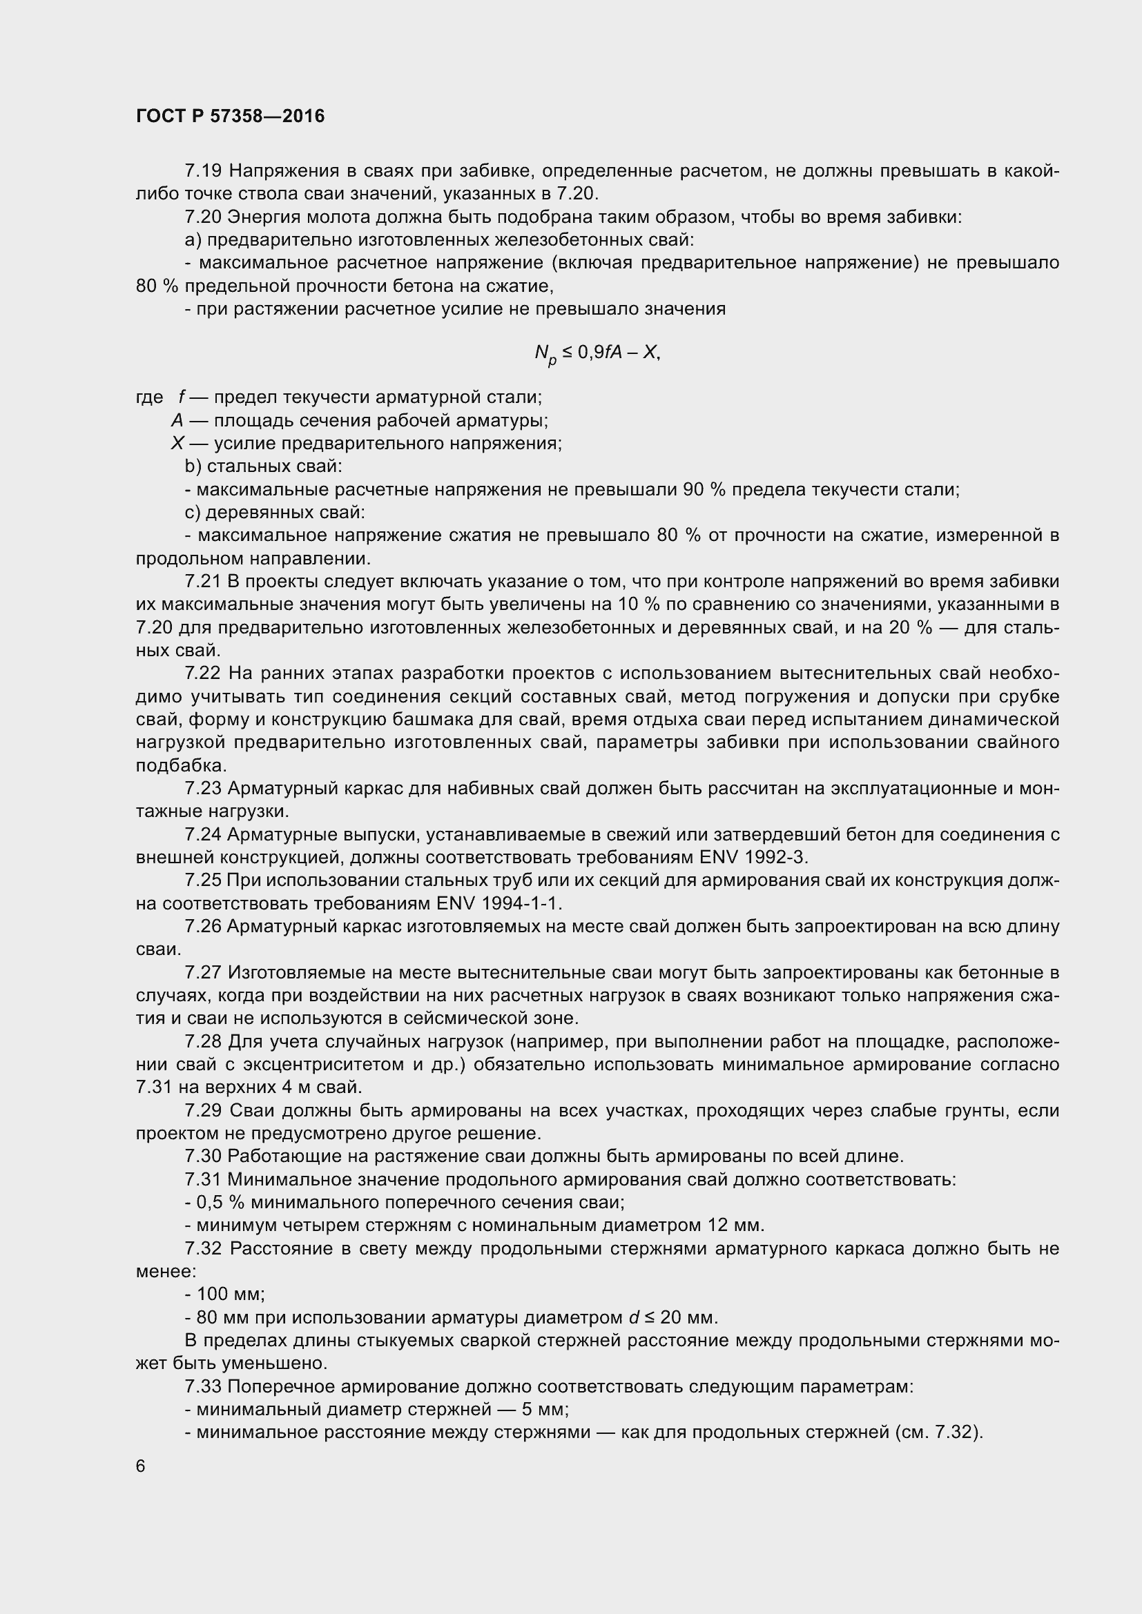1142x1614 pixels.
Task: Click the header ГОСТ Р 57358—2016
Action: [x=230, y=116]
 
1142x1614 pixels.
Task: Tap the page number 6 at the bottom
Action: [x=141, y=1466]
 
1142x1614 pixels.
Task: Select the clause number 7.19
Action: [x=203, y=171]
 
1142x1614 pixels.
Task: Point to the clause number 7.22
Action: [x=204, y=673]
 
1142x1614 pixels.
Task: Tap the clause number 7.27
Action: [x=203, y=973]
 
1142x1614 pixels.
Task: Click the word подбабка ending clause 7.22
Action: [x=180, y=765]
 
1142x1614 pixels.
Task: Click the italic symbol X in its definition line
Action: [x=177, y=444]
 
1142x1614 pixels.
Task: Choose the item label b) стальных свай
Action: [x=263, y=466]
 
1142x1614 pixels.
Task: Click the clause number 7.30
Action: [x=203, y=1157]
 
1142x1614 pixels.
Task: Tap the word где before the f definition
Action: [x=149, y=398]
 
